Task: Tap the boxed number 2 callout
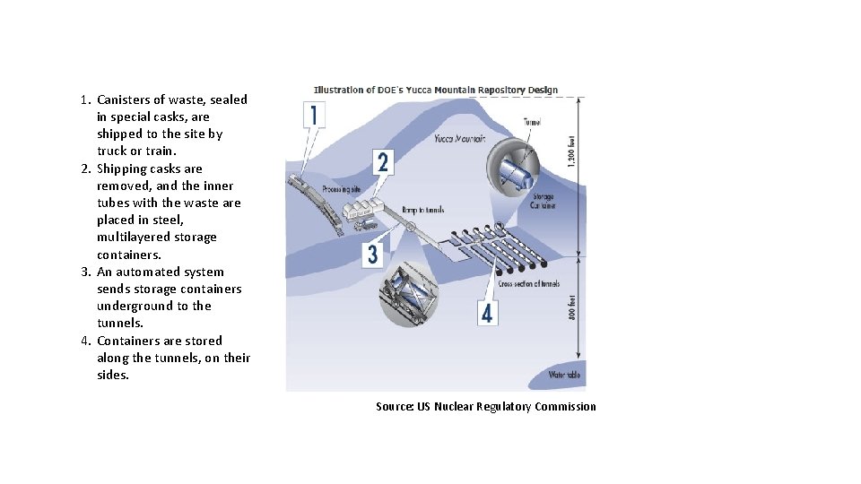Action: coord(383,162)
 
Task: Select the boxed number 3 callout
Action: coord(373,255)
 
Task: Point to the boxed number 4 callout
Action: coord(487,314)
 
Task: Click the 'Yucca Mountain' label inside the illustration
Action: coord(459,139)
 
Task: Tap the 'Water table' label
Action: coord(564,375)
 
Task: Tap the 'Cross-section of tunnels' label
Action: coord(529,284)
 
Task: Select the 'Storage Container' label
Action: coord(544,201)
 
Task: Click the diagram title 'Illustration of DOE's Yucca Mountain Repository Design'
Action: coord(436,90)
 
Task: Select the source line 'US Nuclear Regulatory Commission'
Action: coord(515,407)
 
